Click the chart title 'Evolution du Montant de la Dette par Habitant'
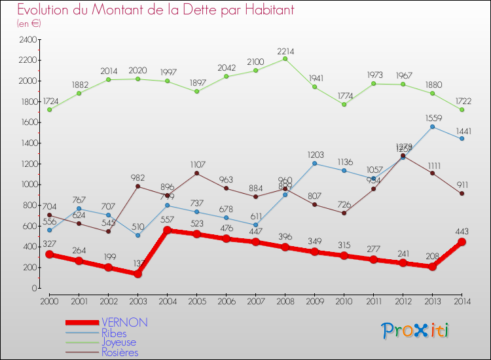pyautogui.click(x=155, y=10)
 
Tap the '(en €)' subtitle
pyautogui.click(x=29, y=24)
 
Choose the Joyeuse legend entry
pyautogui.click(x=118, y=342)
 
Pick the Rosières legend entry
pyautogui.click(x=120, y=352)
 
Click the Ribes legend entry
pyautogui.click(x=115, y=333)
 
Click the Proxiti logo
pyautogui.click(x=416, y=331)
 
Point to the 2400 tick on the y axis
pyautogui.click(x=28, y=39)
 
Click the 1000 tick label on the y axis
pyautogui.click(x=28, y=185)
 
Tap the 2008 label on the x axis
pyautogui.click(x=285, y=300)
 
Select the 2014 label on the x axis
pyautogui.click(x=462, y=300)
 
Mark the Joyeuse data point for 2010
pyautogui.click(x=344, y=104)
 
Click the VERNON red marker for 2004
pyautogui.click(x=168, y=230)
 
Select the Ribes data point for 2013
pyautogui.click(x=432, y=126)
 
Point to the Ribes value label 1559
pyautogui.click(x=432, y=117)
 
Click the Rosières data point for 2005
pyautogui.click(x=197, y=173)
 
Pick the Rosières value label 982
pyautogui.click(x=138, y=177)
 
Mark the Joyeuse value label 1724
pyautogui.click(x=50, y=101)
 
